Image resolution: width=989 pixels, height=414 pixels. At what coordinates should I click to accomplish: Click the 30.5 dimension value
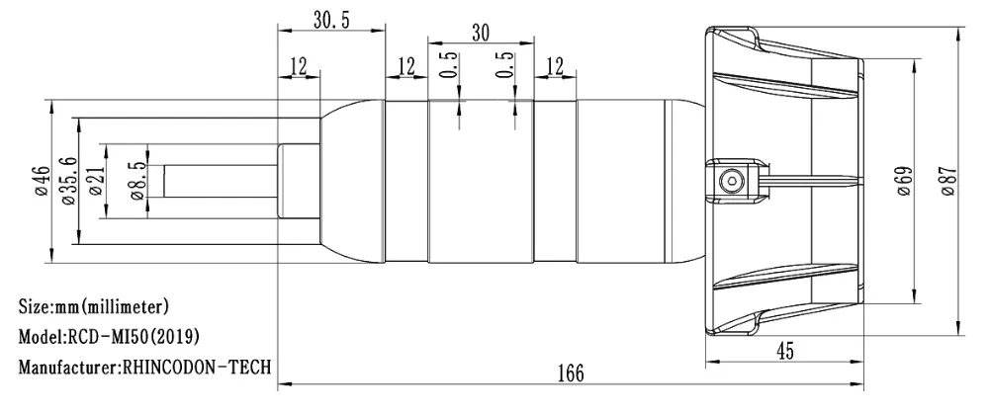[331, 20]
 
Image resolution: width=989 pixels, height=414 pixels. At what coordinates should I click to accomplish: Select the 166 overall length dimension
[571, 373]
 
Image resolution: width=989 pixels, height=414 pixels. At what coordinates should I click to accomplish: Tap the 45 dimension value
[784, 351]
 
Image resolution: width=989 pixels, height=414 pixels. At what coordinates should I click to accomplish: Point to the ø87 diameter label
[948, 181]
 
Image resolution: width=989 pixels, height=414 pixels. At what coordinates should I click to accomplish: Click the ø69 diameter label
[904, 181]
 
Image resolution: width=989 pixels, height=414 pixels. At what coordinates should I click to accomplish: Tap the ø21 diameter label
[96, 181]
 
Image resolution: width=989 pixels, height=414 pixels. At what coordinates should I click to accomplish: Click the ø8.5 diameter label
[137, 181]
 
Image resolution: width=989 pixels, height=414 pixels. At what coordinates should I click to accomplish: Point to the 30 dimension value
[481, 34]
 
